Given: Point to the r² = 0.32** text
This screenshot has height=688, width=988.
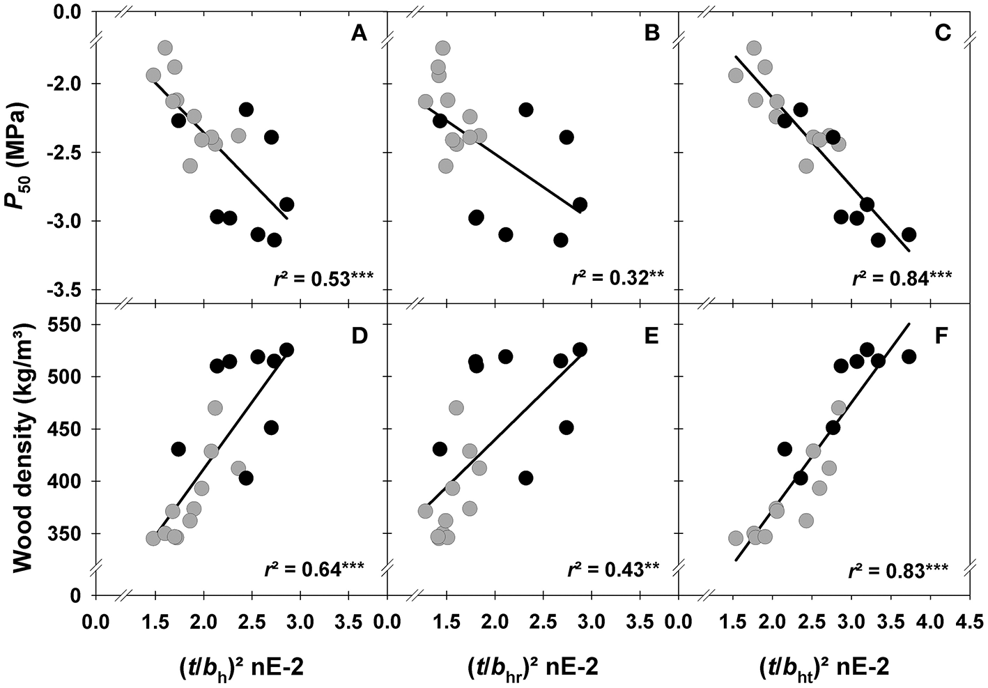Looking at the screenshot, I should pyautogui.click(x=617, y=279).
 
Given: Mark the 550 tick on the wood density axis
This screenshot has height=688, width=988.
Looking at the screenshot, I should pyautogui.click(x=72, y=325).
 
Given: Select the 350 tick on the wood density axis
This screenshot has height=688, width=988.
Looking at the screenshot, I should pyautogui.click(x=72, y=533).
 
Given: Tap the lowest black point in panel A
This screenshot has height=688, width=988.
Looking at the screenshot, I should pyautogui.click(x=274, y=240).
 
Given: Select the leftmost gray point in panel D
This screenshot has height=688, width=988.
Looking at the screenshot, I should pyautogui.click(x=153, y=538).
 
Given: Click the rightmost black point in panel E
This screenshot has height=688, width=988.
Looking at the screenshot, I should pyautogui.click(x=580, y=349).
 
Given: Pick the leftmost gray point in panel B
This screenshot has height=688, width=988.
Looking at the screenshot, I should pyautogui.click(x=426, y=102).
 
